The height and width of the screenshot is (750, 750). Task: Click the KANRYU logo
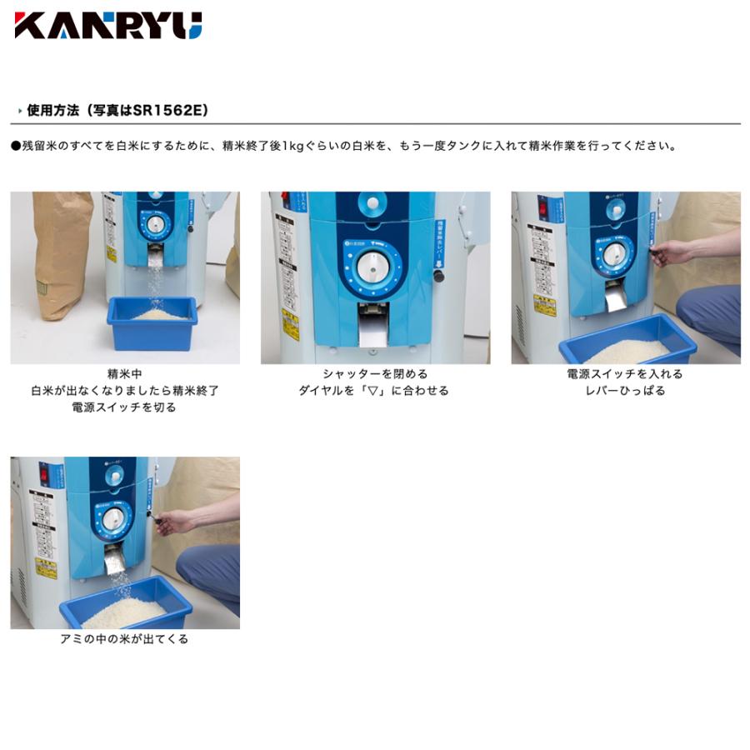108,25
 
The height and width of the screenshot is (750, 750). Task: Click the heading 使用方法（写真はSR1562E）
117,110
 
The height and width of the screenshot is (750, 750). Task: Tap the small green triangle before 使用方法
19,111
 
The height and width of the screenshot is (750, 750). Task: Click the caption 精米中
124,374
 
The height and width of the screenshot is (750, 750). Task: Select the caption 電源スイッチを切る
124,407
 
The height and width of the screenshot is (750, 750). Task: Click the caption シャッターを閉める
375,374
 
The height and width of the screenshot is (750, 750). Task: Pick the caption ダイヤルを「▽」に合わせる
374,391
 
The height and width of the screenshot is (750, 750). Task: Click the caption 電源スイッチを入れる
625,374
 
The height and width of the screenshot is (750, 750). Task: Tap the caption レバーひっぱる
625,391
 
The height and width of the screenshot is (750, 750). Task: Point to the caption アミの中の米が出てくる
124,639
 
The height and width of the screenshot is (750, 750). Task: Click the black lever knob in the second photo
438,276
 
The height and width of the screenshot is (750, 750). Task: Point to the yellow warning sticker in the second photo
290,324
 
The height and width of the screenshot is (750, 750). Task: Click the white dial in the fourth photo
112,519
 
